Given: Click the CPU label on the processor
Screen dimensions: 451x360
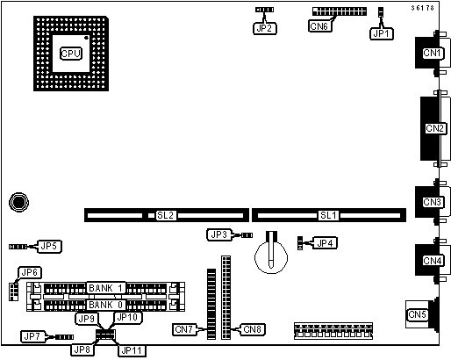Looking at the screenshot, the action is (71, 54).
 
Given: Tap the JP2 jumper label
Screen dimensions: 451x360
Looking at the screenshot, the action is (264, 28).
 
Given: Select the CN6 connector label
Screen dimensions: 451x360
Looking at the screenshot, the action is (319, 26).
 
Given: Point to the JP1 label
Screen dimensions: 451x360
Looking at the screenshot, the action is (382, 34).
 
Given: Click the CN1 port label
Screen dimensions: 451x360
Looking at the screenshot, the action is (432, 53).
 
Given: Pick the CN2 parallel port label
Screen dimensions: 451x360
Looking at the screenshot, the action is (435, 128).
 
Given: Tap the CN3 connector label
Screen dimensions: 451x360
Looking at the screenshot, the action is (432, 202).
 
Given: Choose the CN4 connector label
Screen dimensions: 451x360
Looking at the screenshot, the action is (432, 261).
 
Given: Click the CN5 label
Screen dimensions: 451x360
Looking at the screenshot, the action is (417, 314).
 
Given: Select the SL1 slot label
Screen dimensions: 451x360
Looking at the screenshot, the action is (328, 215).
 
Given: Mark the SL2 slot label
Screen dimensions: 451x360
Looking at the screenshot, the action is (166, 215).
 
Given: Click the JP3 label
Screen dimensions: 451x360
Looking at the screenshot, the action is (219, 234).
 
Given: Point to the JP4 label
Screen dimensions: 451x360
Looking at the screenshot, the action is (325, 243).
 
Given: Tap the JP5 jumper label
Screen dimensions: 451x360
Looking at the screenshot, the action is (49, 246).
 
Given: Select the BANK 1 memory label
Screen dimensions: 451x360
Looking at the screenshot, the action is (105, 288).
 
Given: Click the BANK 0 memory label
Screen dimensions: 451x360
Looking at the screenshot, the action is (105, 305).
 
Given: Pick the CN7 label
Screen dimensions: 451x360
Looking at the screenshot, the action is (184, 329).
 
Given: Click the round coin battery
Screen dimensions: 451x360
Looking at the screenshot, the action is (271, 256).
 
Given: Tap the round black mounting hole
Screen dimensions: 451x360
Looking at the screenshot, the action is (19, 202).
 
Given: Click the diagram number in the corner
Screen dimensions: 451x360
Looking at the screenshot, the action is (423, 8).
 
